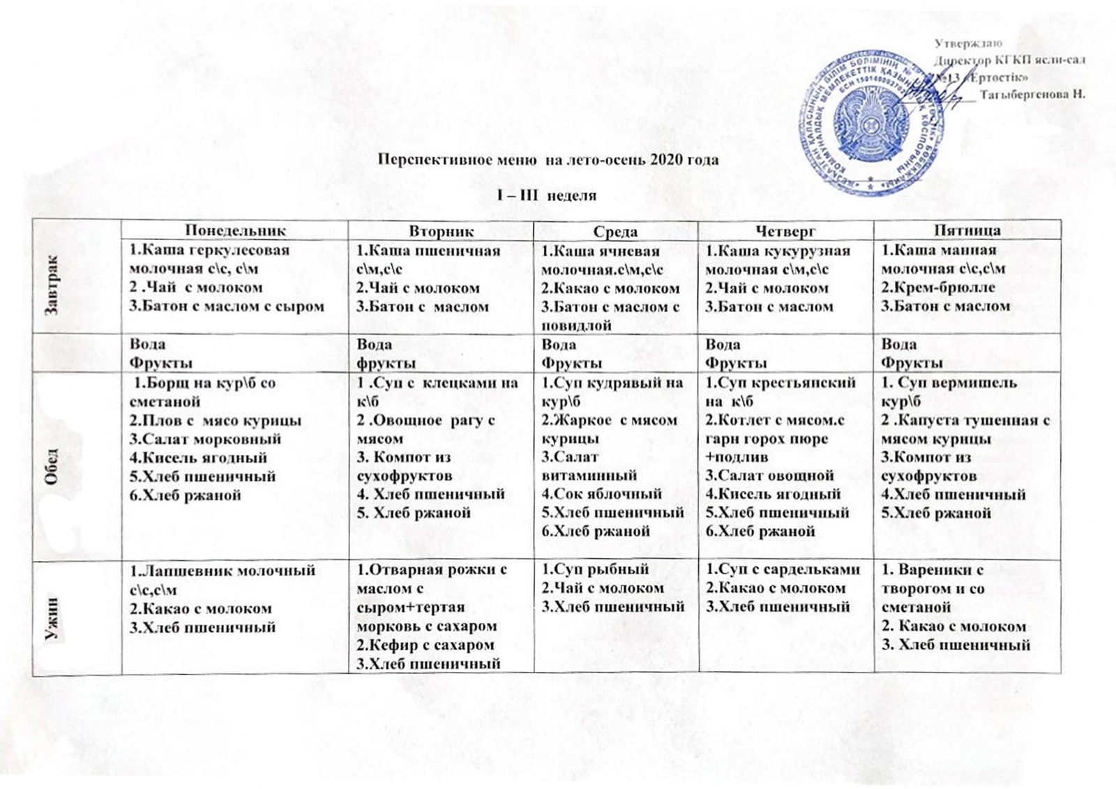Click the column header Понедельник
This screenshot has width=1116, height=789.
tap(235, 231)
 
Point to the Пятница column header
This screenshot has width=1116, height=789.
tap(967, 231)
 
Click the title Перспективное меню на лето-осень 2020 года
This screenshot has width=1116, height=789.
tap(548, 160)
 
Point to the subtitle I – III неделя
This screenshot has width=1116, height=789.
tap(547, 195)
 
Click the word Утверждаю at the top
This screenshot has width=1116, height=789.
tap(968, 44)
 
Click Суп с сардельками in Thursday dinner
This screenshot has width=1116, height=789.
tap(783, 569)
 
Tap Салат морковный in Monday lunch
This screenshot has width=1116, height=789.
tap(205, 439)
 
